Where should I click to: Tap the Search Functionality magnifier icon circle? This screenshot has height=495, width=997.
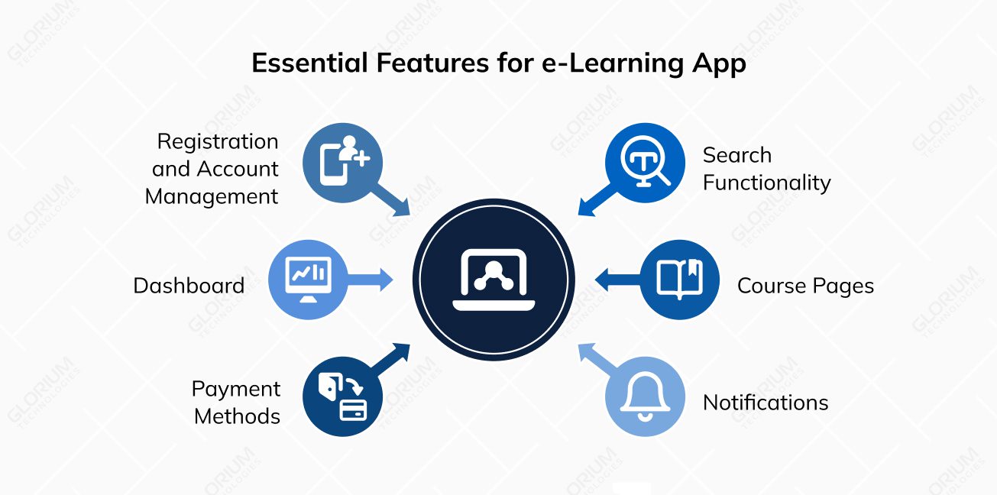(644, 162)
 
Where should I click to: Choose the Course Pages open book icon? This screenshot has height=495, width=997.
(679, 279)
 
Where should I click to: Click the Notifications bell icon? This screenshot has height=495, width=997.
(645, 397)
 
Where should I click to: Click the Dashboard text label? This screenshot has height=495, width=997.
(189, 286)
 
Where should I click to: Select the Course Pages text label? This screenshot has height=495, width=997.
(805, 286)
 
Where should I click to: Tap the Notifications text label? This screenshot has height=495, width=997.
(766, 403)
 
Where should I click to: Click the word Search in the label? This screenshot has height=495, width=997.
(737, 155)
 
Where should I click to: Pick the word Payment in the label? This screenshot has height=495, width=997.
(236, 389)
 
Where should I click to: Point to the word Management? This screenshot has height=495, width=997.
(212, 196)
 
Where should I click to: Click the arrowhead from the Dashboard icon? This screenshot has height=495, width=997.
(386, 280)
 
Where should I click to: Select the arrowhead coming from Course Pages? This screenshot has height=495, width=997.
(602, 280)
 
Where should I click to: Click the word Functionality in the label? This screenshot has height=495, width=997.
(766, 183)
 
